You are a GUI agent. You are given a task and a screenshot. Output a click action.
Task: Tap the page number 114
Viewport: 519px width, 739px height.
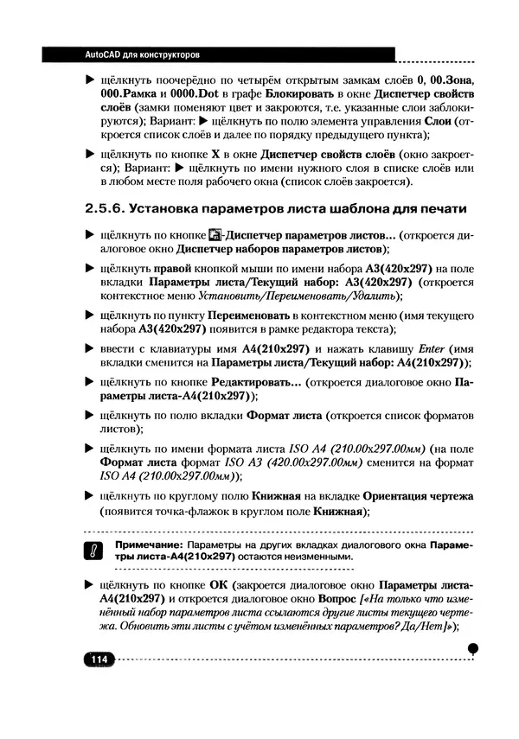97,660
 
